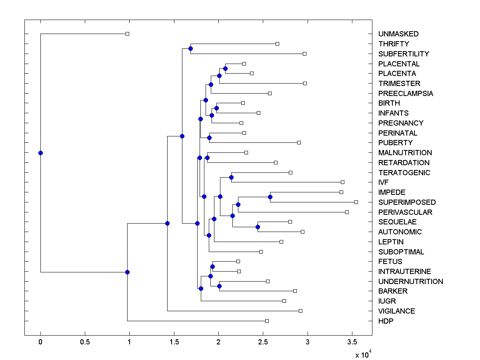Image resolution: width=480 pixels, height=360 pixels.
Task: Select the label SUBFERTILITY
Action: pyautogui.click(x=404, y=54)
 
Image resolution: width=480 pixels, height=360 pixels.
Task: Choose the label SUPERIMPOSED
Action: pyautogui.click(x=407, y=202)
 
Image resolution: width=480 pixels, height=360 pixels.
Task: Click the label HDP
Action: pyautogui.click(x=386, y=321)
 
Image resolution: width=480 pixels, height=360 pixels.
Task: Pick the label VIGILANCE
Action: pyautogui.click(x=396, y=311)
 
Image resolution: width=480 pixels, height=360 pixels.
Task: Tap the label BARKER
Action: pyautogui.click(x=393, y=291)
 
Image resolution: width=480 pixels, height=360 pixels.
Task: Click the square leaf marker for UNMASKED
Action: pyautogui.click(x=127, y=34)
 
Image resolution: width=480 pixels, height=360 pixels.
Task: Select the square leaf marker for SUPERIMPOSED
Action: pyautogui.click(x=356, y=202)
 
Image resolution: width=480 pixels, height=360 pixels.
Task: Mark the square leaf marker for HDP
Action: pyautogui.click(x=267, y=321)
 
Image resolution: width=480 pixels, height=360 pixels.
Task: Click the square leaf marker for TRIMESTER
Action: pyautogui.click(x=305, y=83)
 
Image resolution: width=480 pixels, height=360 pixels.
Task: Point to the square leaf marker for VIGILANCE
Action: pyautogui.click(x=300, y=311)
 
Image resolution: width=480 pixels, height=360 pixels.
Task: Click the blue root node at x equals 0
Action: pyautogui.click(x=40, y=153)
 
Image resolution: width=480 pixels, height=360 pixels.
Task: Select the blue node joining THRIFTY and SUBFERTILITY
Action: pyautogui.click(x=190, y=49)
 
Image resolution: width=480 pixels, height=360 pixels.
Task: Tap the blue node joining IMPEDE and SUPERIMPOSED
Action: pyautogui.click(x=270, y=197)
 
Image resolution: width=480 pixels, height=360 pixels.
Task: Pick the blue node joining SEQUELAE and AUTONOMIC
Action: pyautogui.click(x=258, y=227)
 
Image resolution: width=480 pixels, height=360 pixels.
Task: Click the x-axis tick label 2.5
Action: pyautogui.click(x=263, y=342)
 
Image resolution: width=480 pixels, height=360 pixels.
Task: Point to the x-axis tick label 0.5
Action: pyautogui.click(x=85, y=342)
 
